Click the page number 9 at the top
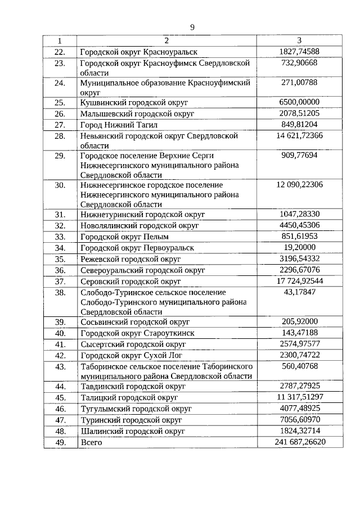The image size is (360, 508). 192,27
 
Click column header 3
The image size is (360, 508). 299,40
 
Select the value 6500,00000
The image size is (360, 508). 299,102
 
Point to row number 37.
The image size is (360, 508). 60,281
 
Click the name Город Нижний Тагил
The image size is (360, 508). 119,125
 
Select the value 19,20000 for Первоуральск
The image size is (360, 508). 299,247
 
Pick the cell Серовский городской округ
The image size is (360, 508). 130,281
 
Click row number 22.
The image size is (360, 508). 60,52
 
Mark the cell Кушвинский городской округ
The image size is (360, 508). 134,102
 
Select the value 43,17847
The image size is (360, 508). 299,292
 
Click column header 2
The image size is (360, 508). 166,40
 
